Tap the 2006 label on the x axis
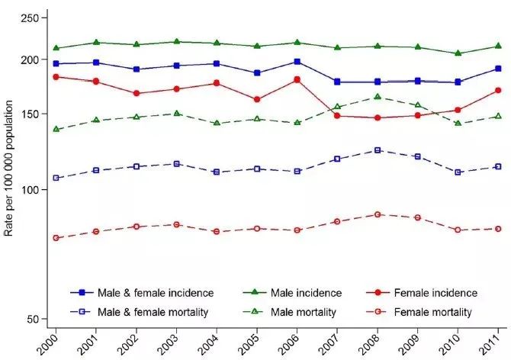292,344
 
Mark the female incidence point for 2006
297,79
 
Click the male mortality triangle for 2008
378,97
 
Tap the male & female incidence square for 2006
297,62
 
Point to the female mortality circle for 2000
56,238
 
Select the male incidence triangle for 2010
458,53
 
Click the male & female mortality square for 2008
378,150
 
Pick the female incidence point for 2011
497,90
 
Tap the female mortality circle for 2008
378,214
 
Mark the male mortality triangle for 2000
56,130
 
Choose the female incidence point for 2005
257,100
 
